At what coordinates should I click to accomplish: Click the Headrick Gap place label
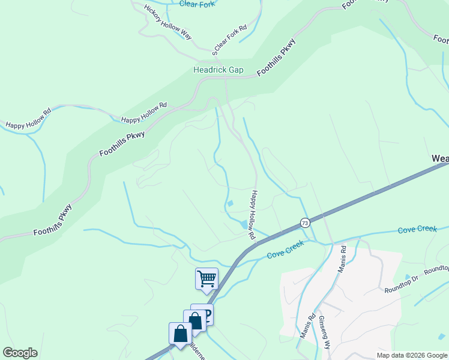tap(218, 70)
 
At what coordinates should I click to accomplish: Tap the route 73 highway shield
tap(305, 223)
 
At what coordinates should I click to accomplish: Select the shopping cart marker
tap(206, 278)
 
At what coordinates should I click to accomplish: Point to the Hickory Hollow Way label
tap(168, 22)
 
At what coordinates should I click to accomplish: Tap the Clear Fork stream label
tap(197, 4)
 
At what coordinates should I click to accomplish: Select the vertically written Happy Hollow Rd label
tap(254, 215)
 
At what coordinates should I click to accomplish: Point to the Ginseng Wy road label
tap(325, 332)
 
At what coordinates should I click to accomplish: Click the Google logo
tap(20, 353)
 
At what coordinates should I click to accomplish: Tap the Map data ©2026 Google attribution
tap(412, 355)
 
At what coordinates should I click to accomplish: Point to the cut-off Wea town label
tap(440, 158)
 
